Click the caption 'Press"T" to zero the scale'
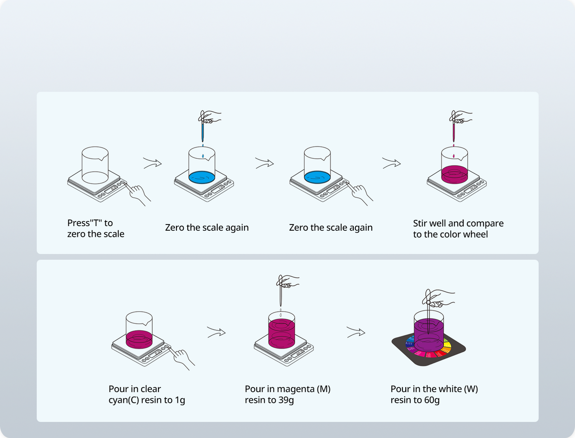[96, 228]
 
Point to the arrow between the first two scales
[152, 163]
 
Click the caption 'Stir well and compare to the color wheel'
[458, 229]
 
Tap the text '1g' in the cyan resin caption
[180, 400]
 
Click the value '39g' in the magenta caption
[286, 400]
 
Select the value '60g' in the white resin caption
[432, 400]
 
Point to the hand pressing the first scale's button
[138, 194]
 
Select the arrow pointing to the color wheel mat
[356, 332]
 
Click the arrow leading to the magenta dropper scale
[391, 163]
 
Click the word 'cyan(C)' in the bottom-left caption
[123, 400]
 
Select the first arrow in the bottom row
[216, 332]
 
